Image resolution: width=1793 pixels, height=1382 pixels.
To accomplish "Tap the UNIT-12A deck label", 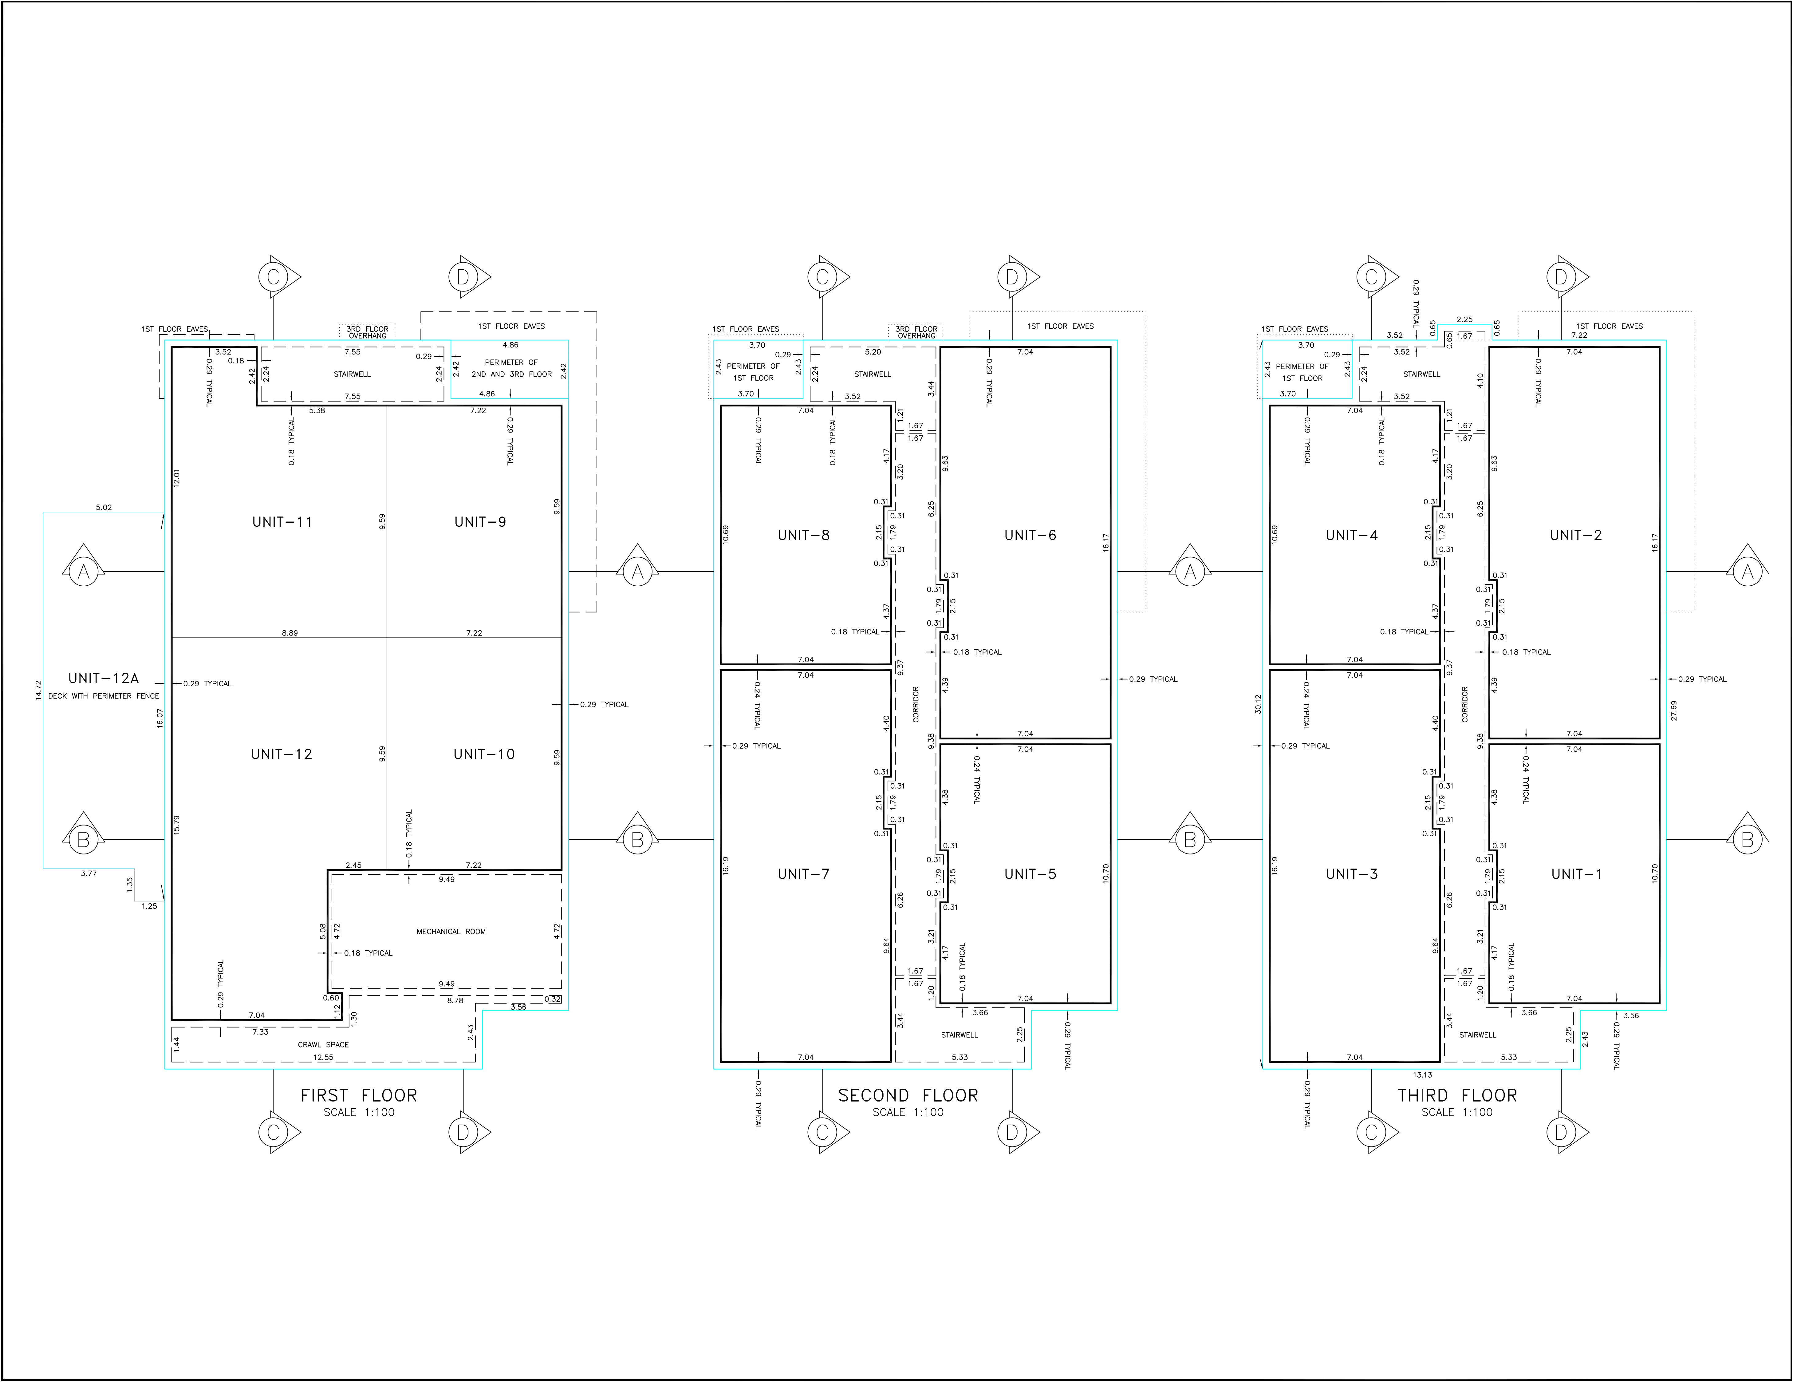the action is (x=104, y=678).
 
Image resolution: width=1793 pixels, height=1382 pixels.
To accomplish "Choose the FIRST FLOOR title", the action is (x=359, y=1095).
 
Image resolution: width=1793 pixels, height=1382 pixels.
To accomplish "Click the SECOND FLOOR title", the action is (x=908, y=1095).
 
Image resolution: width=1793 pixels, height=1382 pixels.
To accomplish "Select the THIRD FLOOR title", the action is (x=1457, y=1095).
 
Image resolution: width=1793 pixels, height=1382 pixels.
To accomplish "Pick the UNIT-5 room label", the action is (x=1030, y=874).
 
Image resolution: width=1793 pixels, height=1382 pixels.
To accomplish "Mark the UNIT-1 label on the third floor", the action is (x=1576, y=874).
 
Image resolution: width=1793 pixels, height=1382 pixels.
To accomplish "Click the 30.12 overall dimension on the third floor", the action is (x=1258, y=704).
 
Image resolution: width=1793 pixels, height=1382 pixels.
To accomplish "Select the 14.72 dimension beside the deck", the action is (x=38, y=690).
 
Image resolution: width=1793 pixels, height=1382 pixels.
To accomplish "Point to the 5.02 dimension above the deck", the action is (x=104, y=508).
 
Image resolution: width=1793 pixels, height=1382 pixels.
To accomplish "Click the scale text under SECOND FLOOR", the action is (x=908, y=1113).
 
